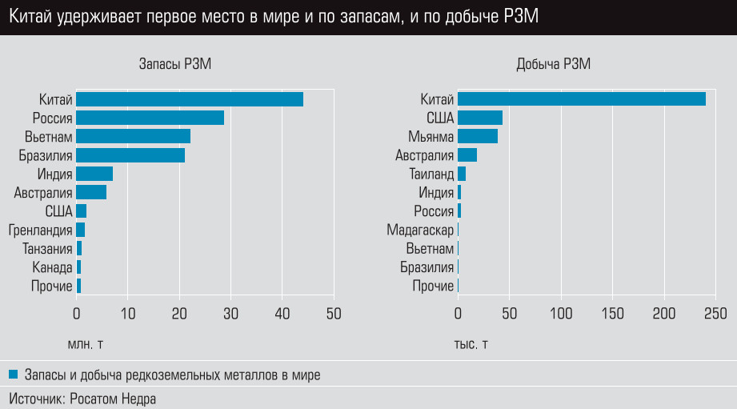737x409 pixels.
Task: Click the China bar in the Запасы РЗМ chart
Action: click(x=190, y=99)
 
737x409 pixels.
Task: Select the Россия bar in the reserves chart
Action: click(x=150, y=118)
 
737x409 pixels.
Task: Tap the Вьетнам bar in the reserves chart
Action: click(x=133, y=136)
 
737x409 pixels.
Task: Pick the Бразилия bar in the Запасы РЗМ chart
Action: click(x=130, y=155)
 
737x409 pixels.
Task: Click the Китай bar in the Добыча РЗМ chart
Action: click(x=581, y=99)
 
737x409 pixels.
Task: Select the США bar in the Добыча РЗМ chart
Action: click(x=480, y=118)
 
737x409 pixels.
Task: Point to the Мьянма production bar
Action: click(x=478, y=136)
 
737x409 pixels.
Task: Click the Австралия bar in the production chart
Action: click(x=467, y=155)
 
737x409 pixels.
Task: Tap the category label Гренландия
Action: click(x=41, y=230)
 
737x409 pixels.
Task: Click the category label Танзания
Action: click(x=48, y=249)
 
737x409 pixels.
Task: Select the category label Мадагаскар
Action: click(x=420, y=230)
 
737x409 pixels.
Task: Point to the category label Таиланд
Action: click(x=431, y=174)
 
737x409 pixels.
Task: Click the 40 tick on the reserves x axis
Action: click(x=282, y=312)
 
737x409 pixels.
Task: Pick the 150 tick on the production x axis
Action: click(x=613, y=312)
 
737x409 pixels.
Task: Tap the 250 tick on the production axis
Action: click(x=715, y=312)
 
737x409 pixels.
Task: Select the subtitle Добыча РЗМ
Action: click(x=554, y=66)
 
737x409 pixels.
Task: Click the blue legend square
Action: click(x=14, y=374)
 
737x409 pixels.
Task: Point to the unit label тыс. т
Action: click(x=471, y=345)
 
